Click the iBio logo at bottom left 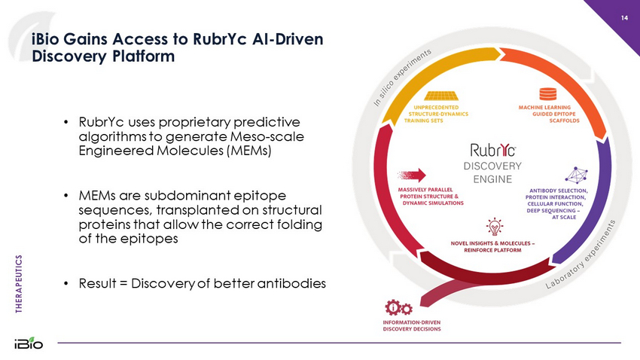(29, 343)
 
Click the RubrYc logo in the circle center (492, 149)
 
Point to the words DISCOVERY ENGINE (492, 172)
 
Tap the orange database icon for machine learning (548, 94)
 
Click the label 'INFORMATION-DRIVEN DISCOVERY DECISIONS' (411, 326)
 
